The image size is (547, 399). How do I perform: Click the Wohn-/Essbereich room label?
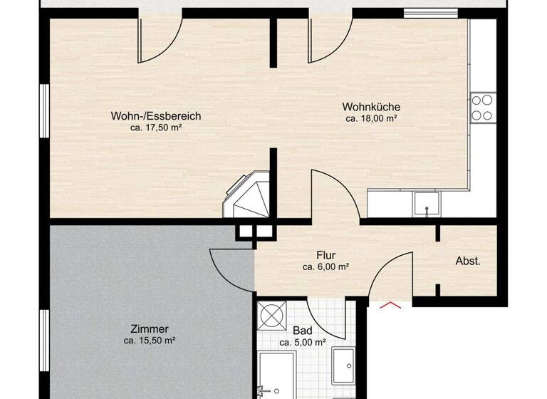pyautogui.click(x=156, y=116)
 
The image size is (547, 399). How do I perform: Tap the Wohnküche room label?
pyautogui.click(x=371, y=108)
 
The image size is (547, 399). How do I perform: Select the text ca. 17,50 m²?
pyautogui.click(x=156, y=128)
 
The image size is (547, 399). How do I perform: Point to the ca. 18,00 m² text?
pyautogui.click(x=371, y=120)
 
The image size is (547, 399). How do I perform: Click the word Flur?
pyautogui.click(x=325, y=255)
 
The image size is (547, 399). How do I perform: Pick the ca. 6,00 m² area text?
pyautogui.click(x=325, y=267)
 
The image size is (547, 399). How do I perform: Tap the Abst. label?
pyautogui.click(x=468, y=261)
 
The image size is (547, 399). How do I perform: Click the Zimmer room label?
pyautogui.click(x=150, y=329)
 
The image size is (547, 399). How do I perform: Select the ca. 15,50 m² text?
pyautogui.click(x=150, y=341)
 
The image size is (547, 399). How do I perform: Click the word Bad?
pyautogui.click(x=302, y=331)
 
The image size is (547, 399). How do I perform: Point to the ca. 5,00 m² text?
pyautogui.click(x=303, y=343)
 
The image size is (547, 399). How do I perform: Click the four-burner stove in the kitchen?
pyautogui.click(x=482, y=107)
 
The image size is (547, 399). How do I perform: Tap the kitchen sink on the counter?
pyautogui.click(x=426, y=204)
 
